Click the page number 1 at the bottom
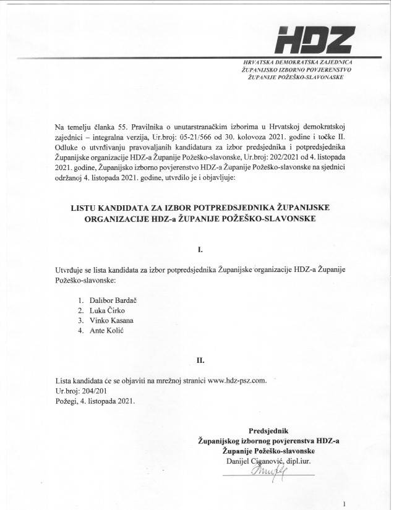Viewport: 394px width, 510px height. coord(352,503)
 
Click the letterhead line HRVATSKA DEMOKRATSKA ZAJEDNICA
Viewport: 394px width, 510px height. coord(297,63)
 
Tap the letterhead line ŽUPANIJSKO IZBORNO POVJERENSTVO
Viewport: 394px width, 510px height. coord(297,71)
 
